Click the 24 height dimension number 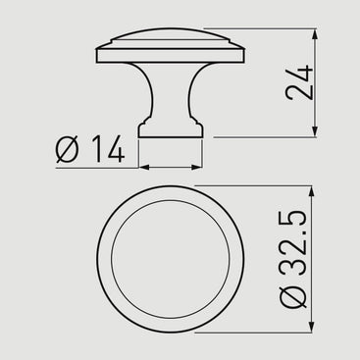[299, 82]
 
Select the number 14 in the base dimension [108, 149]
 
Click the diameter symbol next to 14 [68, 149]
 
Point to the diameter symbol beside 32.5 [293, 296]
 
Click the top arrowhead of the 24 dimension [315, 34]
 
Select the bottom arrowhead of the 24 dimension [315, 131]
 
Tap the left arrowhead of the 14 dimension [144, 167]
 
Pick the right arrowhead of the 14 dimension [197, 167]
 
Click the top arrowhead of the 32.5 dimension [311, 191]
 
